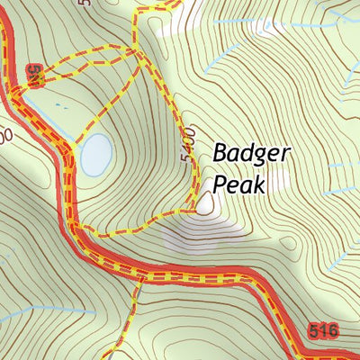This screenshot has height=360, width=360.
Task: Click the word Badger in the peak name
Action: point(252,154)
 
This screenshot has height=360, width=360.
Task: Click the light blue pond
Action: point(95,155)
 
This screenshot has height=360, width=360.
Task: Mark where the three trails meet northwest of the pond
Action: point(136,51)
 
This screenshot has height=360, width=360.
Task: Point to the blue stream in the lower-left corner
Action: point(27,310)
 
